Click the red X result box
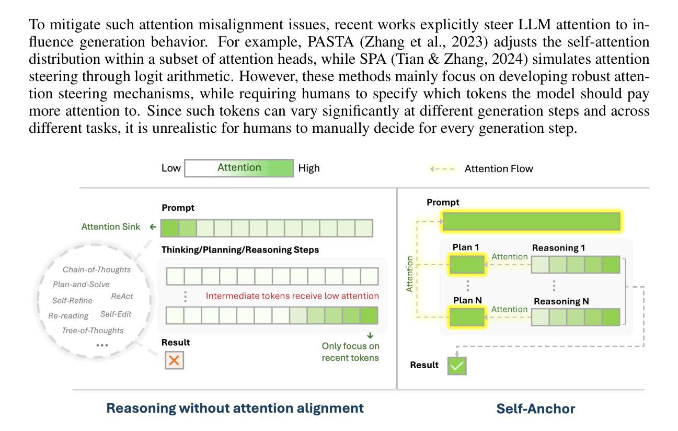[x=174, y=360]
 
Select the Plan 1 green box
[x=467, y=265]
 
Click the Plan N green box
[x=467, y=317]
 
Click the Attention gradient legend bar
[x=239, y=168]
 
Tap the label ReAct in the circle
[x=122, y=296]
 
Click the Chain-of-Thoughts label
[x=97, y=270]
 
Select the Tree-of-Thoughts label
[x=93, y=331]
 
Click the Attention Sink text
[x=111, y=227]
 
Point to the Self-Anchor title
[x=535, y=409]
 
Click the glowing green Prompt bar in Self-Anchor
[x=531, y=222]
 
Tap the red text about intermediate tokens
[x=292, y=296]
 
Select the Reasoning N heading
[x=560, y=301]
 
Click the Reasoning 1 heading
[x=558, y=248]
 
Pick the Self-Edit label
[x=116, y=314]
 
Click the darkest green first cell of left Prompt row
[x=170, y=228]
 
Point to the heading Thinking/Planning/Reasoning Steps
[x=240, y=250]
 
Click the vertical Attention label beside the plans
[x=410, y=274]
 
